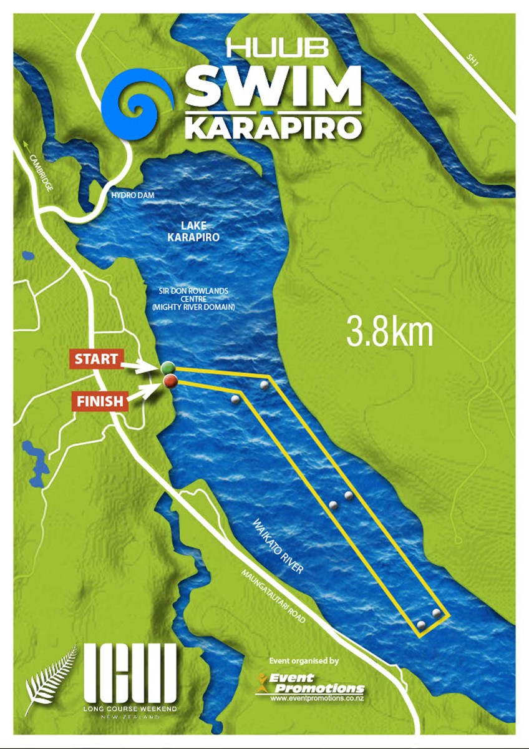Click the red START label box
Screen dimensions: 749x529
[96, 360]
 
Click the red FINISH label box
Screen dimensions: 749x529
[100, 401]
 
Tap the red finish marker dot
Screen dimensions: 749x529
[169, 381]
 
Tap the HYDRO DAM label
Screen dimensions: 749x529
[132, 196]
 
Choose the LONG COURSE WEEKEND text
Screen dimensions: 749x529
[130, 710]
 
